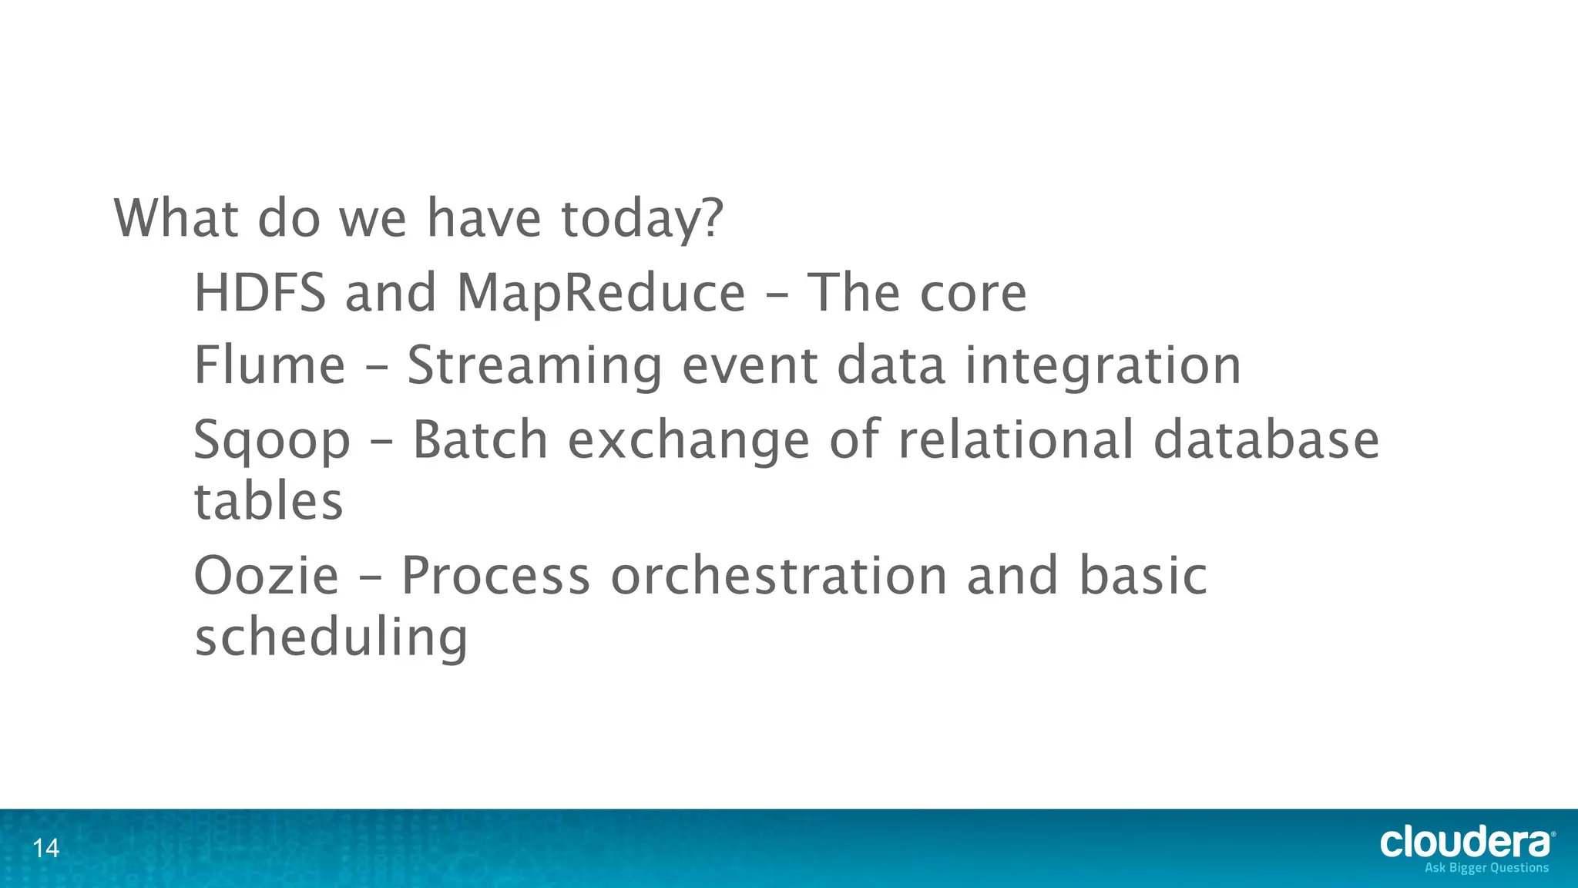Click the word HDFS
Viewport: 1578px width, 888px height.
tap(260, 293)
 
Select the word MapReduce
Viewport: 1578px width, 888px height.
tap(601, 293)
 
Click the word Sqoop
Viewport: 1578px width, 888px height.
tap(271, 441)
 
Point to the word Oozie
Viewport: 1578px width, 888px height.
tap(266, 576)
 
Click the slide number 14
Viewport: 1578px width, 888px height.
tap(45, 849)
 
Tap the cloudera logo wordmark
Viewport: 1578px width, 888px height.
tap(1466, 842)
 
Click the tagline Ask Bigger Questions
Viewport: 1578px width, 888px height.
tap(1486, 868)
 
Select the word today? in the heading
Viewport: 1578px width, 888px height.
tap(643, 219)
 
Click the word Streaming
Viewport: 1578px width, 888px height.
tap(534, 365)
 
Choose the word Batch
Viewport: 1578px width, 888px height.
tap(480, 439)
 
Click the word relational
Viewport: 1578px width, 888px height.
tap(1016, 439)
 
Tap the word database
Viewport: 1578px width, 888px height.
tap(1266, 439)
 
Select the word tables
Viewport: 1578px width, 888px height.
tap(268, 501)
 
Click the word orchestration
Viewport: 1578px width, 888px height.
tap(778, 576)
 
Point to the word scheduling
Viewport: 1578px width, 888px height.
tap(331, 638)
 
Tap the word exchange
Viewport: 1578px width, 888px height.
tap(688, 439)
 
